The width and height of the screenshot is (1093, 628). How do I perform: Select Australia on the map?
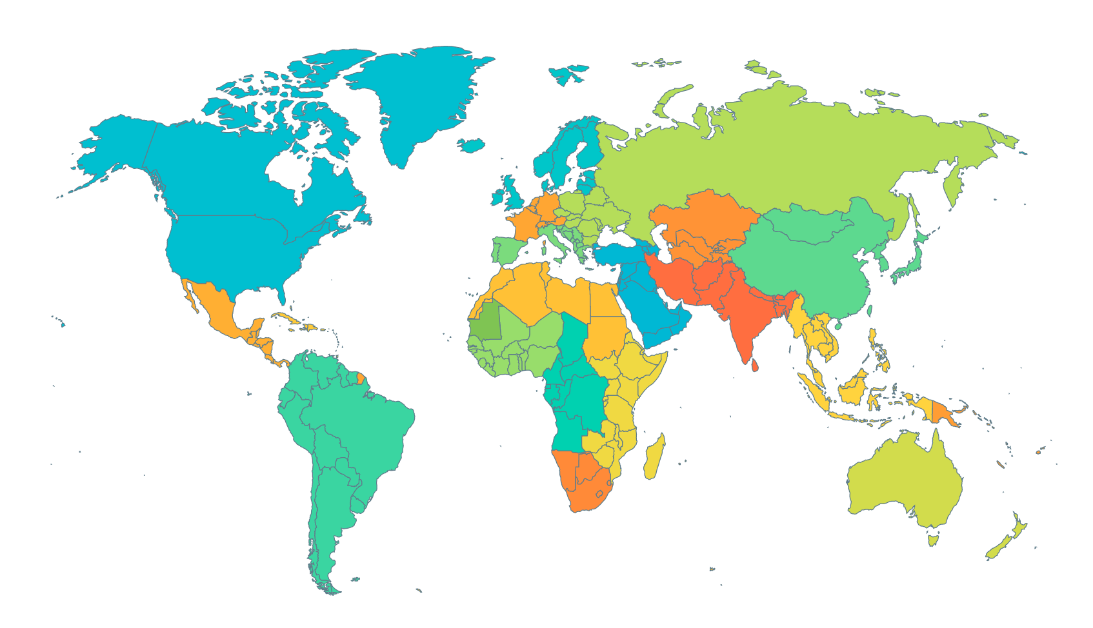[903, 477]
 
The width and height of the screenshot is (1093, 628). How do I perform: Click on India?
[742, 316]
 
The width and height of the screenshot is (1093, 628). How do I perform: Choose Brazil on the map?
[361, 426]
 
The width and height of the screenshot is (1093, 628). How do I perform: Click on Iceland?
[471, 145]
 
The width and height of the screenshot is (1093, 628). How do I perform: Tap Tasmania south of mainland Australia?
[933, 538]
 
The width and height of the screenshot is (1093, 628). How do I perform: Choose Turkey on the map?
[619, 253]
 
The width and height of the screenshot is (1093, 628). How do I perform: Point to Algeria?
[519, 293]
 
